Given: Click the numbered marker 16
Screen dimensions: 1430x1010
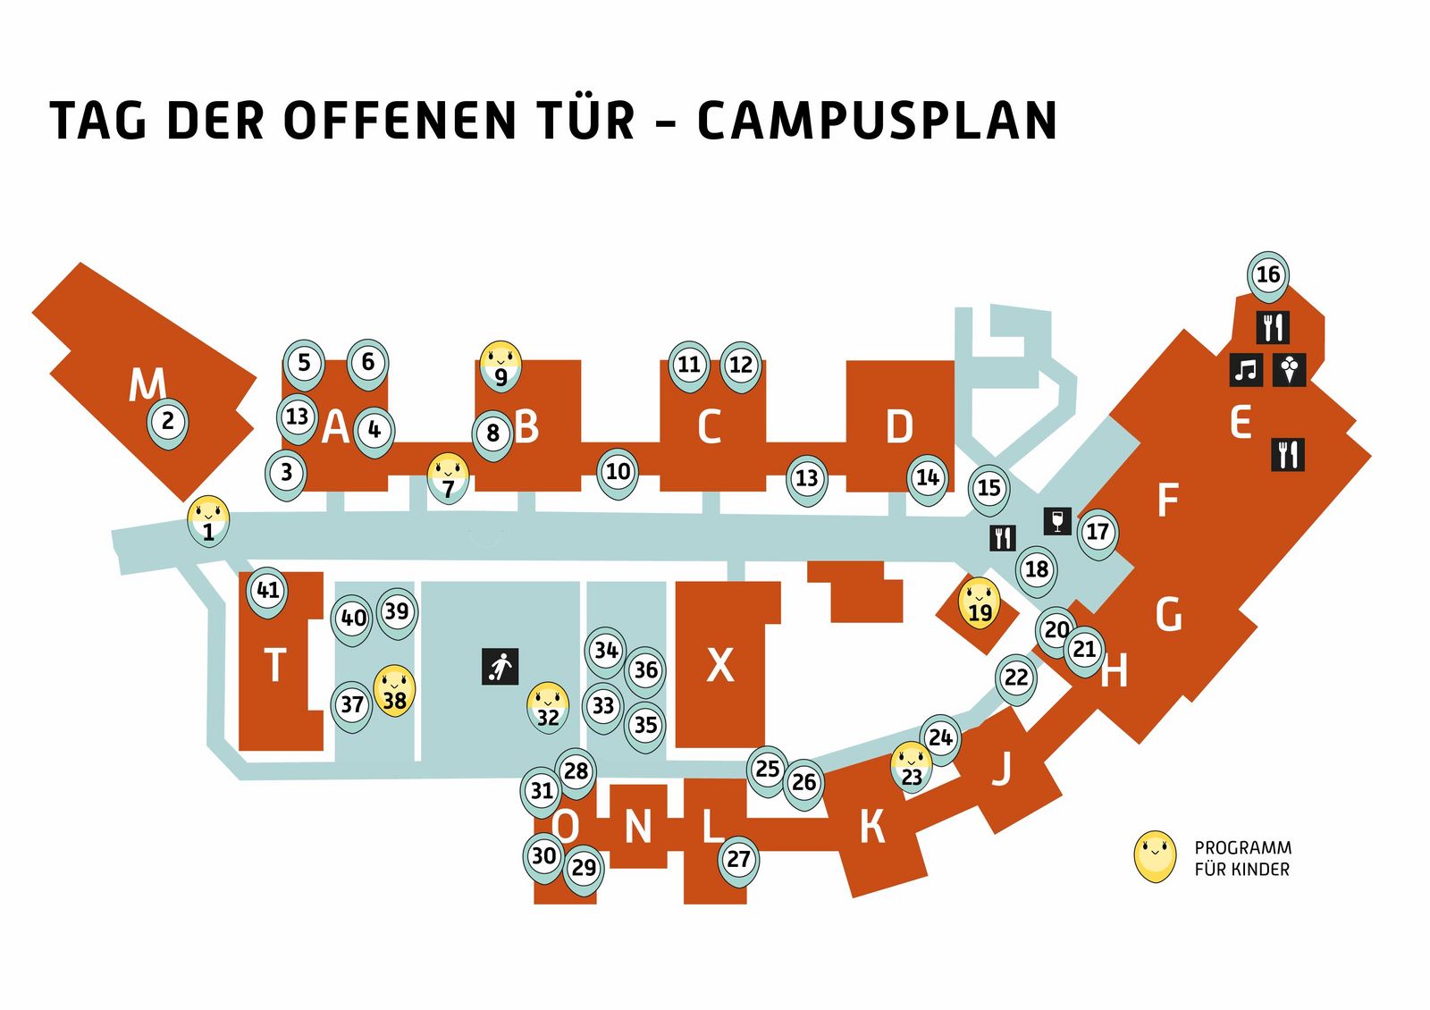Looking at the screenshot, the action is [1268, 276].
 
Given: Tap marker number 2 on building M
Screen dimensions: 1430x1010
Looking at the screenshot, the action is [168, 423].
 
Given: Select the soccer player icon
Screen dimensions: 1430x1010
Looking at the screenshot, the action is [500, 667].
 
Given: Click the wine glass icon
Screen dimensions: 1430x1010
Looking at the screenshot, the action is [1057, 521].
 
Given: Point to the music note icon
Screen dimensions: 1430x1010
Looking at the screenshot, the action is [1246, 370].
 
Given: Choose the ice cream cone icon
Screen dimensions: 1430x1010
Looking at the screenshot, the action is [1289, 370].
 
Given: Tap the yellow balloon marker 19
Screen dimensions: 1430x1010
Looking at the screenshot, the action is [980, 604].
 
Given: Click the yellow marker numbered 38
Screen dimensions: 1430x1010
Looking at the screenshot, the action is [394, 691].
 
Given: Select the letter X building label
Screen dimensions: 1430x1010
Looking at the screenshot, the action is [720, 666].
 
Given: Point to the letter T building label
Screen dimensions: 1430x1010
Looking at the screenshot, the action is [275, 665].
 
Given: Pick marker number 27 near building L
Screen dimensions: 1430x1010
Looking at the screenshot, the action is [738, 862].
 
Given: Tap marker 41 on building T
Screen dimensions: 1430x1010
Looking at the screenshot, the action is [267, 592].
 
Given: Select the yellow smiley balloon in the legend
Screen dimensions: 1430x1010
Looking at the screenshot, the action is [1154, 857].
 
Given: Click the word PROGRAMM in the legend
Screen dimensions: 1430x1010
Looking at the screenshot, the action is [1243, 848].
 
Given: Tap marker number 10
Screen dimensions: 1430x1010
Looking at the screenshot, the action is [618, 473].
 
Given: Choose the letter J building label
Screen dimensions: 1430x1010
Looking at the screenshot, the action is [1001, 770].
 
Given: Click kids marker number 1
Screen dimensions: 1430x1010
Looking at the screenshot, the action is [208, 522].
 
